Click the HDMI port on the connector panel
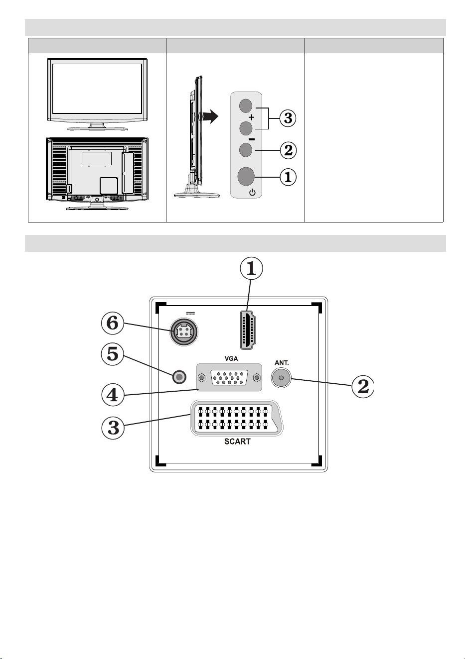[x=248, y=330]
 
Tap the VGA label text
[x=231, y=359]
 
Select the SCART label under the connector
[x=237, y=441]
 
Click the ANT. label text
[x=282, y=363]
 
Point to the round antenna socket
[x=281, y=377]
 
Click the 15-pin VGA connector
[x=229, y=377]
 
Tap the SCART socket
[x=237, y=418]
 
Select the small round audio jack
[x=179, y=377]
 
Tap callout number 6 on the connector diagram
[x=112, y=323]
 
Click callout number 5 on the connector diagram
[x=112, y=354]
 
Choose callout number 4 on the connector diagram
[x=112, y=395]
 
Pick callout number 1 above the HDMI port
[x=251, y=268]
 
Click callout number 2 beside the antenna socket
[x=363, y=386]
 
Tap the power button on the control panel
[x=246, y=176]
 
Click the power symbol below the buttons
[x=252, y=193]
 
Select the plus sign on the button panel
[x=251, y=117]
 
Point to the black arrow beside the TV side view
[x=209, y=116]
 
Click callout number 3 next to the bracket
[x=288, y=118]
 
